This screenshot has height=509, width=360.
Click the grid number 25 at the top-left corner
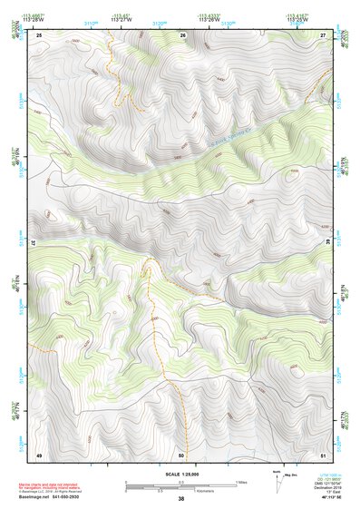tap(39, 34)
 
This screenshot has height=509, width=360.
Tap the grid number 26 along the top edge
tap(182, 34)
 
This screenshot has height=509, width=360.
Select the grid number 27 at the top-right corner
tap(323, 34)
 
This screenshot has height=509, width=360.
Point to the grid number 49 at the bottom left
tap(39, 455)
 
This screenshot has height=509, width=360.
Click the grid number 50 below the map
tap(181, 455)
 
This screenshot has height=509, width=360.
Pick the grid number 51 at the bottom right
tap(323, 455)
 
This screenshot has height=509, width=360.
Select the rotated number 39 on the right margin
tap(329, 243)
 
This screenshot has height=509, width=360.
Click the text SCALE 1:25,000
tap(180, 474)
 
